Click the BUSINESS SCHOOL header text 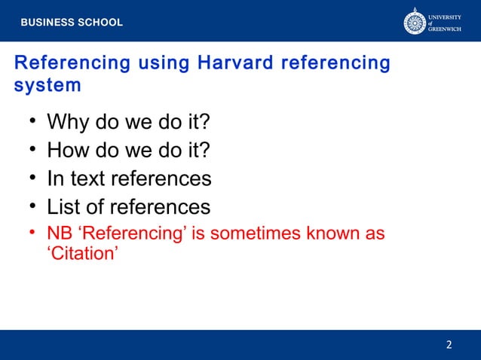(x=71, y=23)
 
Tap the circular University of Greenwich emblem (x=415, y=21)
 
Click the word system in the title (x=47, y=85)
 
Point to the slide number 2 (x=449, y=345)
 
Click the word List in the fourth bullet (x=63, y=206)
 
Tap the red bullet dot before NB (x=33, y=233)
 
